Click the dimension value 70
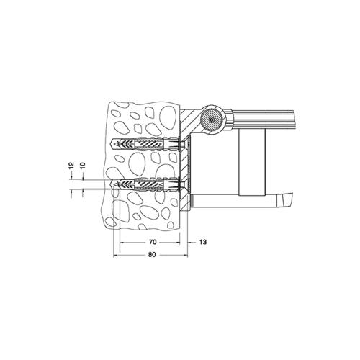click(153, 242)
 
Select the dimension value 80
click(152, 255)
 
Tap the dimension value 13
click(203, 242)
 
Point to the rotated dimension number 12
click(71, 166)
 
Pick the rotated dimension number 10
click(82, 166)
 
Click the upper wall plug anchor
click(145, 144)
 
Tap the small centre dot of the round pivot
click(212, 120)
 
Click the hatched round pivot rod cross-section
click(212, 120)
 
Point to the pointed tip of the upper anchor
click(110, 144)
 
